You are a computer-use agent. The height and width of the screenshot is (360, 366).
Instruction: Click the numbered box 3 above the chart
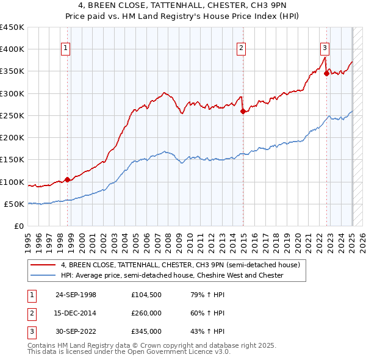pos(325,48)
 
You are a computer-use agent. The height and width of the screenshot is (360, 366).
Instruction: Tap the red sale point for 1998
pos(68,179)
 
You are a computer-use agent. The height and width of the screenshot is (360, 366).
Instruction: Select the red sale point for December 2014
pos(243,111)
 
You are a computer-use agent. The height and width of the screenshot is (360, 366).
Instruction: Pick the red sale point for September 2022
pos(327,74)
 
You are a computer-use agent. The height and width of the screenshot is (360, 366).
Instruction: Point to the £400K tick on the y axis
pos(12,49)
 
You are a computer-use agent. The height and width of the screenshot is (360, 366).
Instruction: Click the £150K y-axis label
pos(12,160)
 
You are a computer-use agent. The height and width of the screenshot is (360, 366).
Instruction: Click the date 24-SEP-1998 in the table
pos(76,295)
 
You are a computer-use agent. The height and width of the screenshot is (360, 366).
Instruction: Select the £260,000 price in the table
pos(146,313)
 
